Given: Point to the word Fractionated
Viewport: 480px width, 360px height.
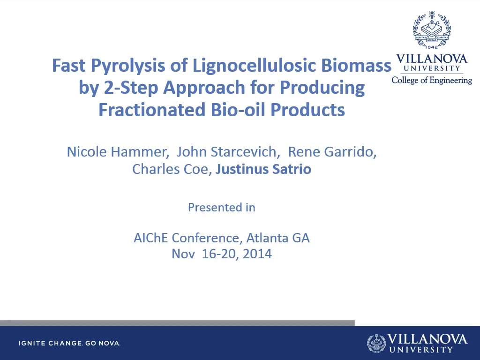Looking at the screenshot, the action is (x=152, y=110).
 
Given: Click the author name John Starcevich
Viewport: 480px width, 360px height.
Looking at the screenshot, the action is (x=227, y=152).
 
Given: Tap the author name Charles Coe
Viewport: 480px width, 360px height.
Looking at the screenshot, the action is (x=170, y=169).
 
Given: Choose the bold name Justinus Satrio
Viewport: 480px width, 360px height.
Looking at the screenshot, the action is (x=263, y=169).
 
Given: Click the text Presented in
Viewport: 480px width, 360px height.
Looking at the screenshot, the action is (x=222, y=208).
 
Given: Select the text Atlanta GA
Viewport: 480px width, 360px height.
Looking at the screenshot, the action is (x=278, y=238).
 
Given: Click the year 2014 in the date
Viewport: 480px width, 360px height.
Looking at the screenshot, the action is (x=257, y=254).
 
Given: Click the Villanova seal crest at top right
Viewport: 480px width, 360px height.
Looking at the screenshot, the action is (x=432, y=30).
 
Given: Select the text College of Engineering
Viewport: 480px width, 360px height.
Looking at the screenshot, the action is (x=432, y=80).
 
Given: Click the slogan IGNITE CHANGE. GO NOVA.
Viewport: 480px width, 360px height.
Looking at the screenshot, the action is (x=69, y=343).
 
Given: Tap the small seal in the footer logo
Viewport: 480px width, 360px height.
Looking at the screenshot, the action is (x=376, y=343).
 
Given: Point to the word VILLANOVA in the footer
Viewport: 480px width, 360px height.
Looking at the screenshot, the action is (x=427, y=339).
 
